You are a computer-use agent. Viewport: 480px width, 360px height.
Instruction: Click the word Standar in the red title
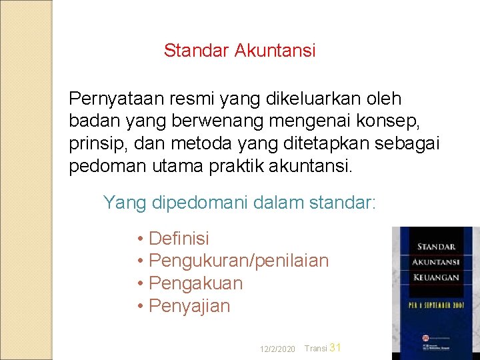point(197,51)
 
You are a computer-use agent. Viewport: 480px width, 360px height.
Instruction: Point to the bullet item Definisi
point(179,238)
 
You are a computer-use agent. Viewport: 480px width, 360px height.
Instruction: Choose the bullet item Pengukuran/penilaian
point(239,261)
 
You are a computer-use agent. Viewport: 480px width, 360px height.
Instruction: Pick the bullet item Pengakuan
point(195,283)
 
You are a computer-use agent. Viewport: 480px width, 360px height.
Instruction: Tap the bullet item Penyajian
point(189,306)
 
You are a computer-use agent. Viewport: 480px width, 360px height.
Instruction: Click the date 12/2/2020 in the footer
point(278,349)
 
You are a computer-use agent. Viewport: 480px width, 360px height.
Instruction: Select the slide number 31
point(335,347)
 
